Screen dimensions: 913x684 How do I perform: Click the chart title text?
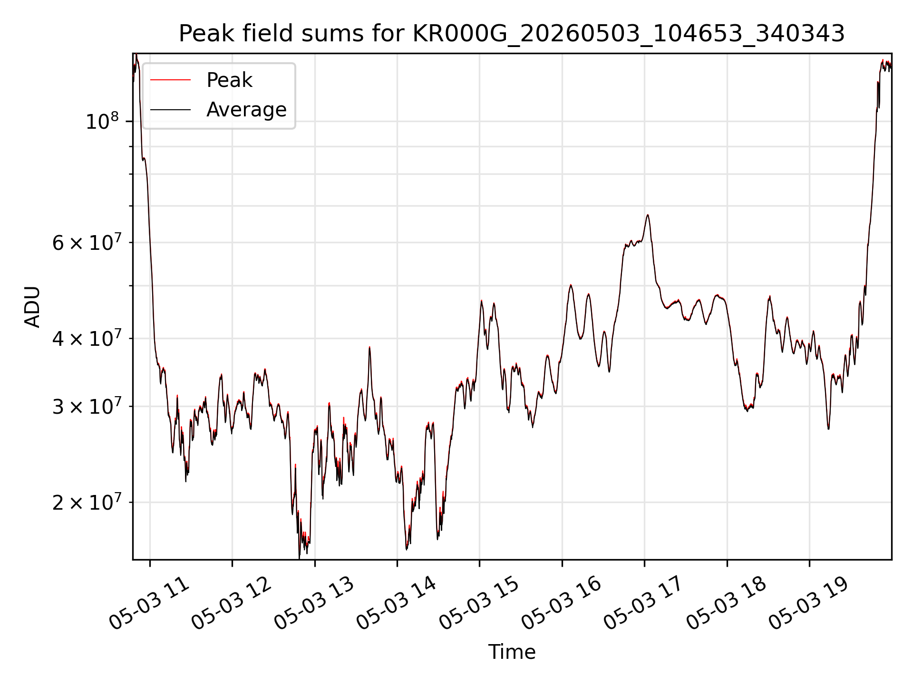(512, 34)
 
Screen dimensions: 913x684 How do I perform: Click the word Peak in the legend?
(229, 80)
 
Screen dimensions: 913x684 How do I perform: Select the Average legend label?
(246, 110)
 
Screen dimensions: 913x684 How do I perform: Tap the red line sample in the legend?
(170, 80)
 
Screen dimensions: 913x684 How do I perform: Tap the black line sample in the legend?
(170, 110)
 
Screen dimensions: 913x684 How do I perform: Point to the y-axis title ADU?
(32, 307)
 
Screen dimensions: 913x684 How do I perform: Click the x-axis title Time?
(512, 652)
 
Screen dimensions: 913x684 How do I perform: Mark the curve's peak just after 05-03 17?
(647, 215)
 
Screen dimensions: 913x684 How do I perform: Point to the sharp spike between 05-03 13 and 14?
(369, 348)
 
